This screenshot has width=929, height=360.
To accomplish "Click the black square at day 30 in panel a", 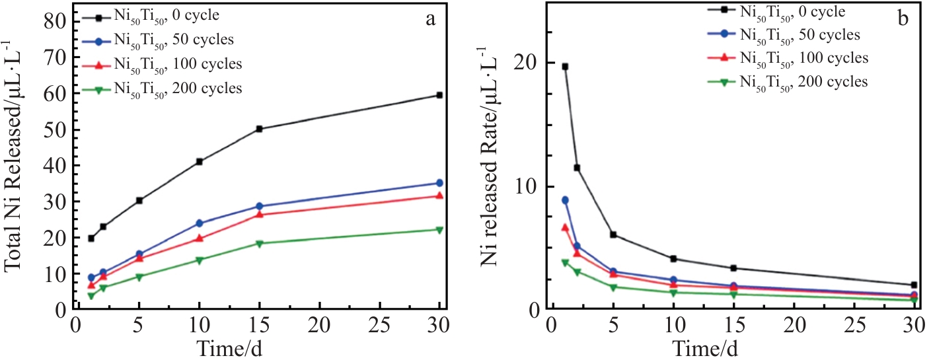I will pyautogui.click(x=439, y=95).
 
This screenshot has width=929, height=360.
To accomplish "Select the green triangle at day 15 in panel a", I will pyautogui.click(x=260, y=244).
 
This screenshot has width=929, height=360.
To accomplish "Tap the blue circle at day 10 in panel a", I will pyautogui.click(x=199, y=223).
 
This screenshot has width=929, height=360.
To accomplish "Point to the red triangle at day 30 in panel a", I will pyautogui.click(x=439, y=196).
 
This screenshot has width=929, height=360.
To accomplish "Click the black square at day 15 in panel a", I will pyautogui.click(x=260, y=129).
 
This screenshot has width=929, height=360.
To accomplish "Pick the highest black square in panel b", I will pyautogui.click(x=565, y=67).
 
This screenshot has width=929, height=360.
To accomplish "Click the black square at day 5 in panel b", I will pyautogui.click(x=613, y=234).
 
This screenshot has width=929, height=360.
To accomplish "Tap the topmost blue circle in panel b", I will pyautogui.click(x=565, y=200).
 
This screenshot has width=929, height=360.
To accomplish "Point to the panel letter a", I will pyautogui.click(x=430, y=18).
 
